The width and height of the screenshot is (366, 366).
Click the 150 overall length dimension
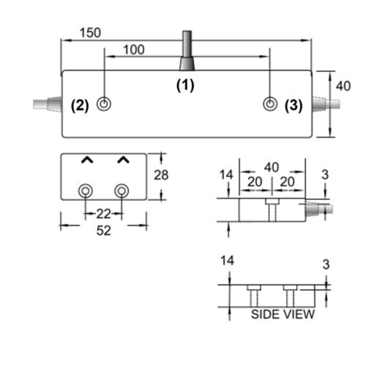coord(90,33)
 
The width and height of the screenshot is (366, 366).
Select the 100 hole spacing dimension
coord(134,50)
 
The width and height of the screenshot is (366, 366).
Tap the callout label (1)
coord(185,85)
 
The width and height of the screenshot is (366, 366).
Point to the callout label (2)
coord(80,105)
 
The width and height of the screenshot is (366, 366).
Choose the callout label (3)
coord(293,105)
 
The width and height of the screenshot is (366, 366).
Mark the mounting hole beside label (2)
coord(105,104)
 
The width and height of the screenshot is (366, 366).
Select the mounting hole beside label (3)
coord(270,104)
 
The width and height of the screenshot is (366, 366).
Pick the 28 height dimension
coord(161,175)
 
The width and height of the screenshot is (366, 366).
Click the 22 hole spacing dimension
coord(104,213)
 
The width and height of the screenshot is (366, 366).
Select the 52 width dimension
coord(104,230)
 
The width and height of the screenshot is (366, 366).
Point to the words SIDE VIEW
coord(283,314)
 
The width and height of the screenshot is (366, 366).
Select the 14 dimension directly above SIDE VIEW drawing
coord(227,260)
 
